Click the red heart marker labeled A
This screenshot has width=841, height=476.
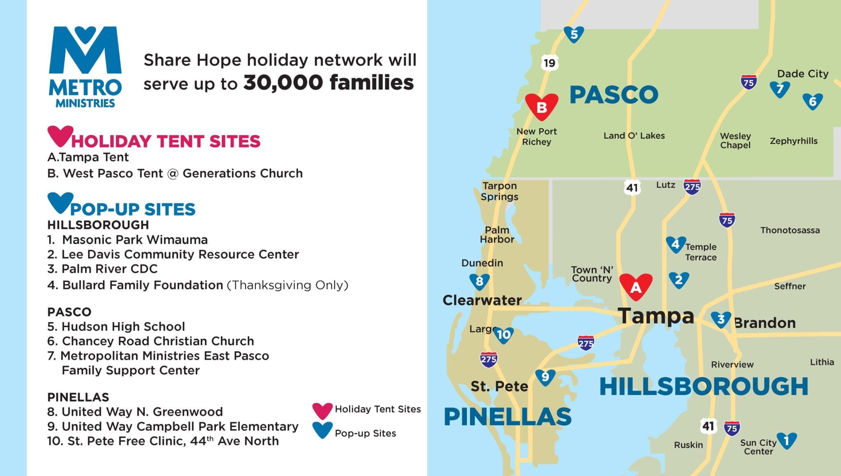point(636,286)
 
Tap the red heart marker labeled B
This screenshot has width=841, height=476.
point(542,106)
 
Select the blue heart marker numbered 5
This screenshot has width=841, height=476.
point(574,34)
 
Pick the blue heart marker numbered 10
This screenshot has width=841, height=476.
point(503,334)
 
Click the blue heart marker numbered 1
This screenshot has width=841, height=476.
point(786,440)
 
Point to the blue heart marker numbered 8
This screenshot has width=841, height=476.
point(479,281)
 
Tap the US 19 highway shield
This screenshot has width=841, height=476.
point(549,63)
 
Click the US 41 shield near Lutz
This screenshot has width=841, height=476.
point(632,188)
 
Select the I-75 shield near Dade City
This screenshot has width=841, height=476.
point(749,82)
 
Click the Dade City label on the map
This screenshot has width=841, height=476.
point(802,74)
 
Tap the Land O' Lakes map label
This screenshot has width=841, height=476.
point(634,135)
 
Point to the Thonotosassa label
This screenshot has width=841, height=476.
point(790,230)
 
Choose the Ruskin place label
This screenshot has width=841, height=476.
point(688,445)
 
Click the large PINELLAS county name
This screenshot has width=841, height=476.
point(508,416)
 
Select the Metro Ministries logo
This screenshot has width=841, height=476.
point(85,67)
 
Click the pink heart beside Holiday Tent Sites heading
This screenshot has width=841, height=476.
point(60,136)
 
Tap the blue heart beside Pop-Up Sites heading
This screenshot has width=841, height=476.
point(60,202)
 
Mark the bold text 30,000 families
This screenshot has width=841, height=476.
point(329,82)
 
